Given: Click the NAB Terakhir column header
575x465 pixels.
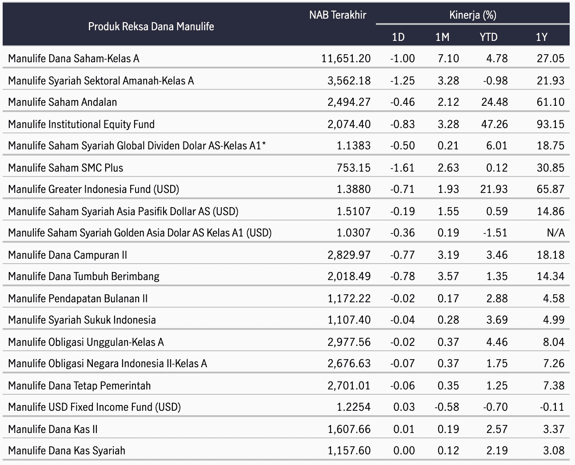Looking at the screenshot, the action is (x=338, y=15).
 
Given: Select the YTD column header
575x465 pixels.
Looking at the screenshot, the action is (x=488, y=37).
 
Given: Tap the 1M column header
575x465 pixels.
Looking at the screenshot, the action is (x=443, y=37).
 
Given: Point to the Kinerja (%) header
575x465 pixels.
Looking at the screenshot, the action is (x=473, y=15).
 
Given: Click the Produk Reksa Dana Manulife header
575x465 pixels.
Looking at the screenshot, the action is (x=151, y=27).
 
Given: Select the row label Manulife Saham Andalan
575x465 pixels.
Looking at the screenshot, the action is (x=62, y=102).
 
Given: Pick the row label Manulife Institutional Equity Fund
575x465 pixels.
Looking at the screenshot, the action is (x=81, y=124).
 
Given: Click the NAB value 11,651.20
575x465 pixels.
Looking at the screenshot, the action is (x=346, y=59).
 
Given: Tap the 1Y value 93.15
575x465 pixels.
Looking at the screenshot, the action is (x=551, y=124).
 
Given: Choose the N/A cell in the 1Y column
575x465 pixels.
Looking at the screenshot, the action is (x=556, y=232).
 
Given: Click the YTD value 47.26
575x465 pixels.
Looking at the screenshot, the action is (x=494, y=124).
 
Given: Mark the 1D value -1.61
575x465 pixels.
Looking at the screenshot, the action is (x=402, y=168).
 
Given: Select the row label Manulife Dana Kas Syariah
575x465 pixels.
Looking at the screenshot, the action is (x=67, y=451).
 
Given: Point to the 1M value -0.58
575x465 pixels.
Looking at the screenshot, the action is (x=447, y=407).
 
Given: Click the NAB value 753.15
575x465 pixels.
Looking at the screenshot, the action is (x=353, y=168).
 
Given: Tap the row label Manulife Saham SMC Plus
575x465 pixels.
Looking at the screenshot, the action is (x=66, y=168).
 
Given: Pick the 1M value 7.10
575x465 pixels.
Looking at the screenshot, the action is (x=448, y=59).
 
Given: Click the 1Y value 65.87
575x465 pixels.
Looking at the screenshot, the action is (x=551, y=189).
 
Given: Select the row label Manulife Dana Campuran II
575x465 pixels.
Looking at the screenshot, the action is (x=68, y=255).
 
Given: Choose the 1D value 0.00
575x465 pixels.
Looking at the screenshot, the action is (x=404, y=450).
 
